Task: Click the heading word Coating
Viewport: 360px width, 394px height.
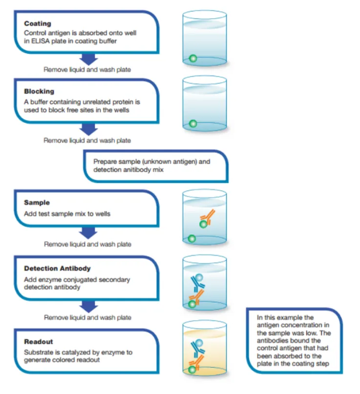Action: (x=38, y=23)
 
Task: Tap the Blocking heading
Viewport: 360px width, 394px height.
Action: (x=39, y=91)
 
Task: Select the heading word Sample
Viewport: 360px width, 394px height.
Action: (x=37, y=203)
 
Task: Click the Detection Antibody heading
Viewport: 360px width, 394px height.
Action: (x=57, y=269)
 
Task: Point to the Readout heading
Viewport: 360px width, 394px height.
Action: (x=39, y=342)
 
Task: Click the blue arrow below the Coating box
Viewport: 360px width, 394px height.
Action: (x=88, y=59)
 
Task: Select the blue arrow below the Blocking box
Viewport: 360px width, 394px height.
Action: (x=88, y=129)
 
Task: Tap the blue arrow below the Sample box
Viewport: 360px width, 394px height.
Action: (x=88, y=233)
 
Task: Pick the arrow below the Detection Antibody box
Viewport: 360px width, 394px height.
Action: (x=88, y=307)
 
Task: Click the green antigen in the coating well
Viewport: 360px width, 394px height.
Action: (x=193, y=59)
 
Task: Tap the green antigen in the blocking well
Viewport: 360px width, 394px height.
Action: (x=193, y=124)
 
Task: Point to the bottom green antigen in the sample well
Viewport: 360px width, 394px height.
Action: (x=192, y=238)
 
